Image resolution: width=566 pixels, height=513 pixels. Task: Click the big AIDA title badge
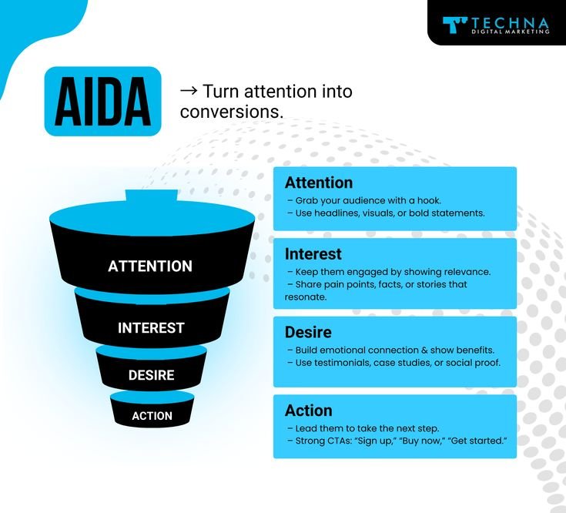(x=102, y=102)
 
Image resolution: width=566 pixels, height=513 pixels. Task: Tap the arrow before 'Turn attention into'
(x=189, y=91)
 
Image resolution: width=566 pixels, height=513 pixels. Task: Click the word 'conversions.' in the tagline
(x=232, y=112)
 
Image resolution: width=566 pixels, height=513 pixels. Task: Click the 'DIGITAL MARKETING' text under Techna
(x=511, y=32)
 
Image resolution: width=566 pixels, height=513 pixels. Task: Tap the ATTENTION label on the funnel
(x=150, y=266)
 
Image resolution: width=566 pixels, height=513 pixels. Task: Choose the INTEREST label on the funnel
(x=151, y=328)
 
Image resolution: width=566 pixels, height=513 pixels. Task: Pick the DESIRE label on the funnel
(x=151, y=375)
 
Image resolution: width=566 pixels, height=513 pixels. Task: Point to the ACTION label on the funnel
(x=152, y=416)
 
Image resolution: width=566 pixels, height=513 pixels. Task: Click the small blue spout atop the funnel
(x=152, y=196)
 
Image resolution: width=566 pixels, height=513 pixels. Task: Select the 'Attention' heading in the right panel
(x=319, y=183)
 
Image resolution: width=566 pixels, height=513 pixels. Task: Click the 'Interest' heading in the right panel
(x=313, y=253)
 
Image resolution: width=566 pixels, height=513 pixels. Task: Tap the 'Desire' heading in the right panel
(x=308, y=332)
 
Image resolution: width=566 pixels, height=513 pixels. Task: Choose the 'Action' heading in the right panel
(x=309, y=411)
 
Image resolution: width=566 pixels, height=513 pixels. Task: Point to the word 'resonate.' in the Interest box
(x=306, y=297)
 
